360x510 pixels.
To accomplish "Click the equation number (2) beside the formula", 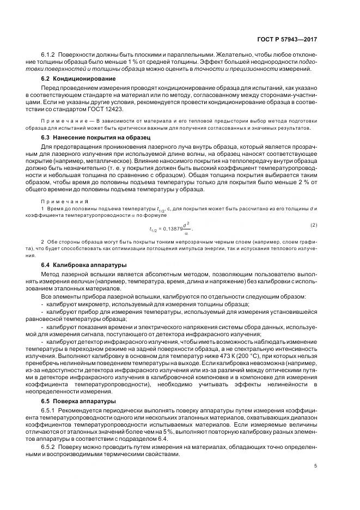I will coord(314,225).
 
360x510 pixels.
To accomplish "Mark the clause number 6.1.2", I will coord(50,55).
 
